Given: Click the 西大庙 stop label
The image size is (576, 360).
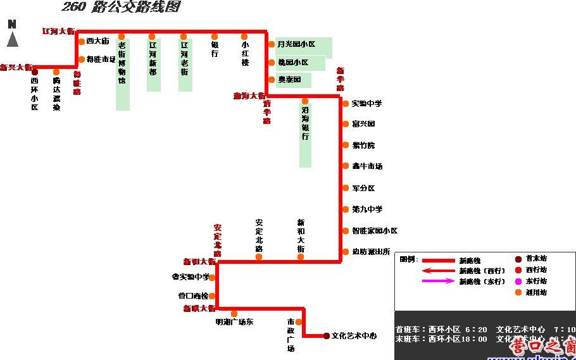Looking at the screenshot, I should pyautogui.click(x=99, y=41).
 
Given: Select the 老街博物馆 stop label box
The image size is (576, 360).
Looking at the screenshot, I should pyautogui.click(x=122, y=73).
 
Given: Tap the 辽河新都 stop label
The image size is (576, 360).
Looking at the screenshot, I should pyautogui.click(x=153, y=63).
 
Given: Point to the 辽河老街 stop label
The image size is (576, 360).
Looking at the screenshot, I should pyautogui.click(x=185, y=63).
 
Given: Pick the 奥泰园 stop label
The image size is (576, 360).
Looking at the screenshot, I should pyautogui.click(x=293, y=80).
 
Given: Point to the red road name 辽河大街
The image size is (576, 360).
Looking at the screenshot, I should pyautogui.click(x=58, y=31).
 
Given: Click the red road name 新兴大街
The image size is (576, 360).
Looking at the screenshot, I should pyautogui.click(x=16, y=67).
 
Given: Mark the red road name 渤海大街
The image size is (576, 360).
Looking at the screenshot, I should pyautogui.click(x=249, y=96).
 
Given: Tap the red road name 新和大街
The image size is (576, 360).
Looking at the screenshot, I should pyautogui.click(x=199, y=261).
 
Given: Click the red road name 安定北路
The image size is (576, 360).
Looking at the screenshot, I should pyautogui.click(x=218, y=240).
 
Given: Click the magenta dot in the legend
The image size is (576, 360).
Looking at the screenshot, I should pyautogui.click(x=518, y=281).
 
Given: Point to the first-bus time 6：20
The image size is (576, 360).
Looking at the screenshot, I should pyautogui.click(x=476, y=330).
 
